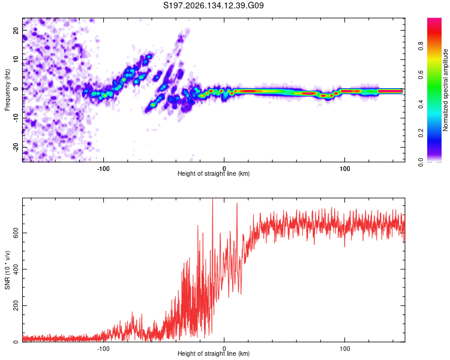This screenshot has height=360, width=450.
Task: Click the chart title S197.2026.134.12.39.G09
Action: (x=213, y=5)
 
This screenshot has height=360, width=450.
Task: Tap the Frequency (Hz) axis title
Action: (x=7, y=90)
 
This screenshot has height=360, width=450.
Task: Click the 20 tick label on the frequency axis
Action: (x=16, y=30)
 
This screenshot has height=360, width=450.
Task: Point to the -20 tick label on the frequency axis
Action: (x=16, y=148)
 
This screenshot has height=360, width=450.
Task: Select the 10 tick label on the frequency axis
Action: (x=16, y=59)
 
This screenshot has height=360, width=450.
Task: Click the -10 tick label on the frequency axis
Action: (x=16, y=118)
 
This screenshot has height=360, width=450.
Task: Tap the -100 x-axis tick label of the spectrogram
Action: (x=103, y=169)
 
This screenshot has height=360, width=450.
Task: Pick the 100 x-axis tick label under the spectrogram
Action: (x=344, y=169)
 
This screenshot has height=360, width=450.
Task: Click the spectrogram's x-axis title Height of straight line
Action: (x=214, y=173)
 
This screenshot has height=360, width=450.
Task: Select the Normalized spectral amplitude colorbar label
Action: (x=445, y=90)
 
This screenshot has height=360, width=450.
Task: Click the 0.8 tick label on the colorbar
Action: (x=421, y=46)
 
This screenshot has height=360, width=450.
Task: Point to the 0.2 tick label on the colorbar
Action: (x=421, y=133)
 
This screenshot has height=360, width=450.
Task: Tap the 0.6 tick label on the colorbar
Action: (x=421, y=75)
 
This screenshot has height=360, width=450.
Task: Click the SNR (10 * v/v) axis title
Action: (x=7, y=270)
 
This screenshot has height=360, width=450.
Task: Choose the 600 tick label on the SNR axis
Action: (x=16, y=233)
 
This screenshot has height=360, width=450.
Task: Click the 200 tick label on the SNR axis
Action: (x=16, y=305)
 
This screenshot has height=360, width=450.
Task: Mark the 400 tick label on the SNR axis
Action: (x=16, y=269)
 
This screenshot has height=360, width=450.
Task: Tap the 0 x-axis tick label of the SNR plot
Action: (x=224, y=349)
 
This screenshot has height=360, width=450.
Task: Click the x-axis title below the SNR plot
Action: (x=214, y=353)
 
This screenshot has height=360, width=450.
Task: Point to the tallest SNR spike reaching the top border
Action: (x=212, y=199)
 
